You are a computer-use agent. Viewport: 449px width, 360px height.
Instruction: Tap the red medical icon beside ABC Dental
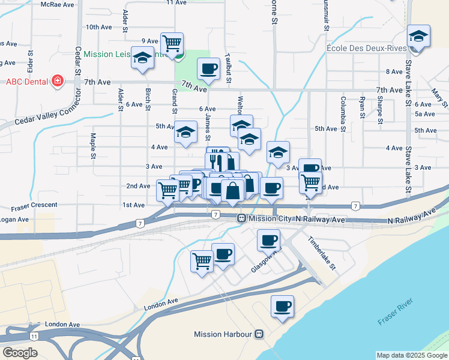pyautogui.click(x=58, y=81)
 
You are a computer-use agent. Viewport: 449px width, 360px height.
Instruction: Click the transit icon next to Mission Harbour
pyautogui.click(x=259, y=334)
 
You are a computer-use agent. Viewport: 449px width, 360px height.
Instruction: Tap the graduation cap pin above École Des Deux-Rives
pyautogui.click(x=418, y=37)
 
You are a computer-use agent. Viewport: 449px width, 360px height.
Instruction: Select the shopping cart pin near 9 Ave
pyautogui.click(x=172, y=43)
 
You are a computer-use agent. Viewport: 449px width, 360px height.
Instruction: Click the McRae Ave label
pyautogui.click(x=59, y=4)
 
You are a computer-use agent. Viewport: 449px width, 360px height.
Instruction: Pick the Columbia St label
pyautogui.click(x=343, y=114)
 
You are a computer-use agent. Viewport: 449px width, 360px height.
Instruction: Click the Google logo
pyautogui.click(x=20, y=353)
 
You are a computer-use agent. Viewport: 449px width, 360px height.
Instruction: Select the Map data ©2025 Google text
pyautogui.click(x=411, y=355)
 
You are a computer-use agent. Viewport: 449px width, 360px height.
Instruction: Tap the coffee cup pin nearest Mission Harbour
pyautogui.click(x=282, y=307)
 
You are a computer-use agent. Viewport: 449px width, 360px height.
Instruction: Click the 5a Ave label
pyautogui.click(x=424, y=114)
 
